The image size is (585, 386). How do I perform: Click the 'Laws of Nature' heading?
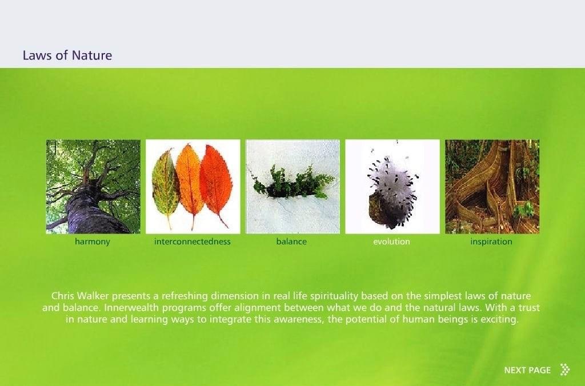coord(67,55)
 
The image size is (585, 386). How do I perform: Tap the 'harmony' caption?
coord(93,242)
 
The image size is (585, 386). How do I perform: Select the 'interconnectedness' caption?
coord(193,242)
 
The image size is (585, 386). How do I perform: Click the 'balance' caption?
coord(291,242)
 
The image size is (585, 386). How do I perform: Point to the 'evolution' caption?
coord(391,242)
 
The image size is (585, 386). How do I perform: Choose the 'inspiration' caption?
coord(491,242)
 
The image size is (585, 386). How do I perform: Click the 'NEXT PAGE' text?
coord(527,370)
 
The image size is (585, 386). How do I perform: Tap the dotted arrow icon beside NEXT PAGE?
coord(565,369)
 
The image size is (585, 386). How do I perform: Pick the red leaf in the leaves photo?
coord(215,182)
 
